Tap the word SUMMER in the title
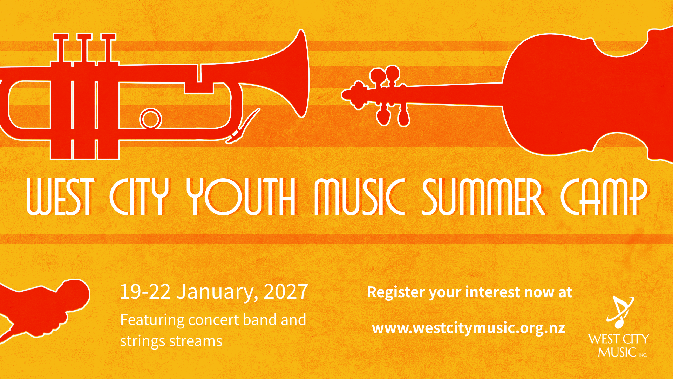tap(484, 197)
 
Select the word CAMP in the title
tap(604, 197)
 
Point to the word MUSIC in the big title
tap(360, 197)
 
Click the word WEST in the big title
tap(60, 197)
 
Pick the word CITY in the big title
tap(139, 197)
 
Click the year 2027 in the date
tap(286, 291)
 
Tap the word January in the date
tap(217, 292)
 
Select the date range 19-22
tap(145, 291)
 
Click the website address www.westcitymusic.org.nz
tap(469, 328)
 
